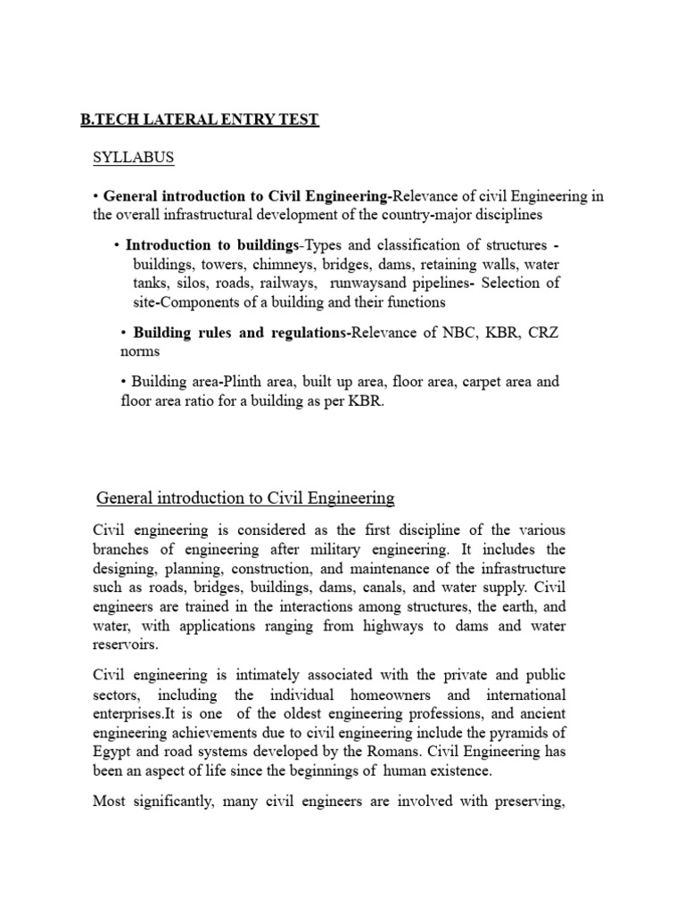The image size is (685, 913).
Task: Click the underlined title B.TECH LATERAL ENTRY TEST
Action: coord(199,119)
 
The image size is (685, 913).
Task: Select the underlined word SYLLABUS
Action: coord(134,158)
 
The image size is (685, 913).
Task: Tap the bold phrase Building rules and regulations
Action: coord(242,333)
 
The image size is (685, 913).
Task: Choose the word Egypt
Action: coord(114,752)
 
